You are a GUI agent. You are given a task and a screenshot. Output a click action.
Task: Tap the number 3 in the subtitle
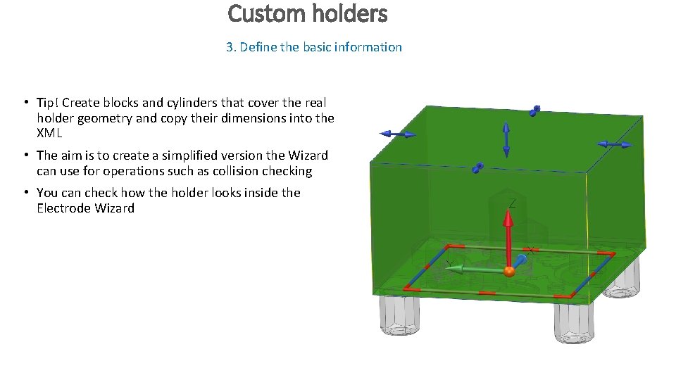tap(230, 47)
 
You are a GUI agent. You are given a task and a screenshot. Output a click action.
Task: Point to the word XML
tap(49, 134)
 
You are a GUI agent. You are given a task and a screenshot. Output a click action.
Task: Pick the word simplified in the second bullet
tap(177, 156)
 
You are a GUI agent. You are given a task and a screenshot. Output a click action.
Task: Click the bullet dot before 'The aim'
tap(25, 156)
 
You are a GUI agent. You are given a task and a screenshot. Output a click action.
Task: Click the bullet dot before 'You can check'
tap(25, 193)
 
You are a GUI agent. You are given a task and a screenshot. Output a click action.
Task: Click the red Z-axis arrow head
tap(508, 215)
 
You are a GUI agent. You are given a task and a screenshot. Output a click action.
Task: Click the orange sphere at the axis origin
tap(508, 271)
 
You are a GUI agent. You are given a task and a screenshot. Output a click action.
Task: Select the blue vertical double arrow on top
tap(506, 139)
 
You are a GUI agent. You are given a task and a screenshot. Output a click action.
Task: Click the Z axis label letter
tap(512, 203)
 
